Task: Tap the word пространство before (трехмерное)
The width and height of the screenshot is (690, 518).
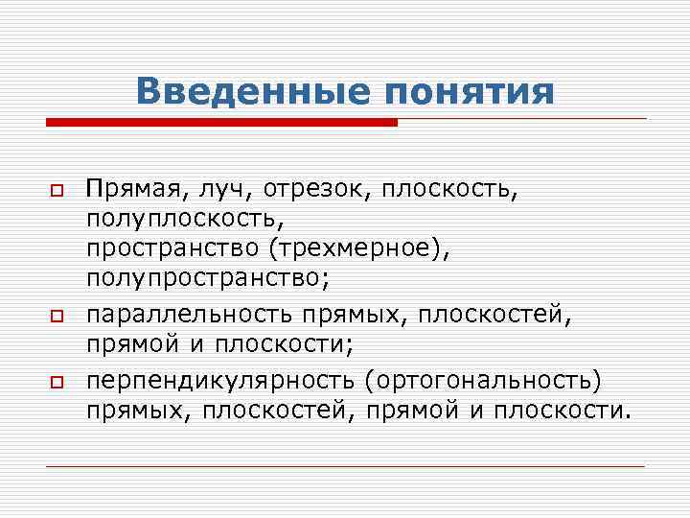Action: (173, 248)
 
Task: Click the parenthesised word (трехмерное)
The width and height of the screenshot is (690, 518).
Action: (357, 248)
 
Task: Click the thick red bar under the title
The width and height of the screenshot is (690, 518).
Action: (221, 123)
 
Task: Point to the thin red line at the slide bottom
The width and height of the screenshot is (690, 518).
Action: (345, 466)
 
